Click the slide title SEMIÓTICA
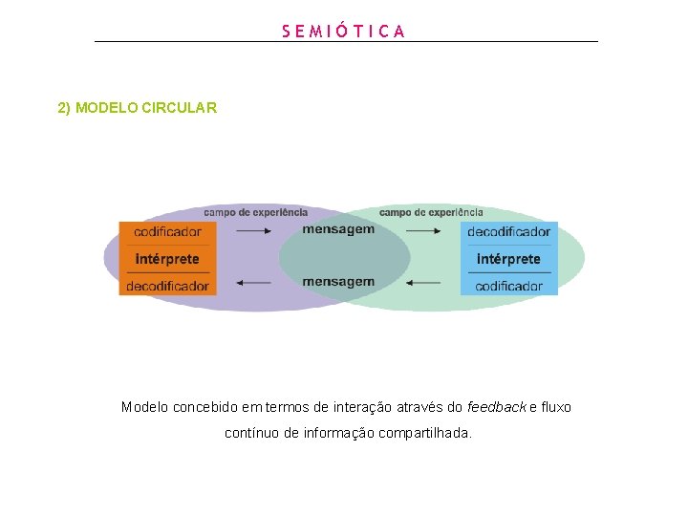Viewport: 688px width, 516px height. pyautogui.click(x=344, y=31)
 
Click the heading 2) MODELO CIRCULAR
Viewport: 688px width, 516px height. pyautogui.click(x=138, y=108)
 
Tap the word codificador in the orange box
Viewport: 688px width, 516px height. pyautogui.click(x=167, y=232)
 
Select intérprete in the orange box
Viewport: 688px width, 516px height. pyautogui.click(x=167, y=259)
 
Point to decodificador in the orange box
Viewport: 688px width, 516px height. pyautogui.click(x=167, y=286)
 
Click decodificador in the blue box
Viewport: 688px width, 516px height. pyautogui.click(x=508, y=232)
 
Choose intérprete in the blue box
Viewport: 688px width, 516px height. pyautogui.click(x=508, y=259)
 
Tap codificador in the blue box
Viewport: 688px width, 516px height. pyautogui.click(x=508, y=286)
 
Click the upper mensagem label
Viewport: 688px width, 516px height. pyautogui.click(x=338, y=229)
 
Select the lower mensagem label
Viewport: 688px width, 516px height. pyautogui.click(x=338, y=282)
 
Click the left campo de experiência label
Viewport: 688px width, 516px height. pyautogui.click(x=255, y=212)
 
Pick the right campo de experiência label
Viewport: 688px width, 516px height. pyautogui.click(x=431, y=212)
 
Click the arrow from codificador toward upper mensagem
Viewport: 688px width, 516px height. pyautogui.click(x=253, y=230)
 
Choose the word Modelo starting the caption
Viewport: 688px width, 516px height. pyautogui.click(x=145, y=407)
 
